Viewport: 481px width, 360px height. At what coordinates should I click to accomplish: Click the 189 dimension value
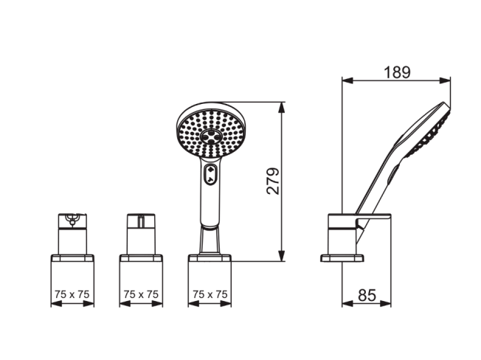[397, 72]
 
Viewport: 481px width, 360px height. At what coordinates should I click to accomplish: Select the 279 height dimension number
[273, 181]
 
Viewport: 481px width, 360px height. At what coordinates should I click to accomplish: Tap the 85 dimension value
[367, 295]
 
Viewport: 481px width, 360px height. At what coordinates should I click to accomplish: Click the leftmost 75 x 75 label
[72, 294]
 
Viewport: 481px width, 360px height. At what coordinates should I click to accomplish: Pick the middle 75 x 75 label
[141, 294]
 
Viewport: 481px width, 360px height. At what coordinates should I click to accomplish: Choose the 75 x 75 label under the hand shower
[210, 294]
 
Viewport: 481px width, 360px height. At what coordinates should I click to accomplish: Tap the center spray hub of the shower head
[211, 136]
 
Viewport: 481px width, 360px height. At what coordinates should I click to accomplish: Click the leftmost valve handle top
[72, 221]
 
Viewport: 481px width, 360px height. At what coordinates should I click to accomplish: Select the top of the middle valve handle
[141, 221]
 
